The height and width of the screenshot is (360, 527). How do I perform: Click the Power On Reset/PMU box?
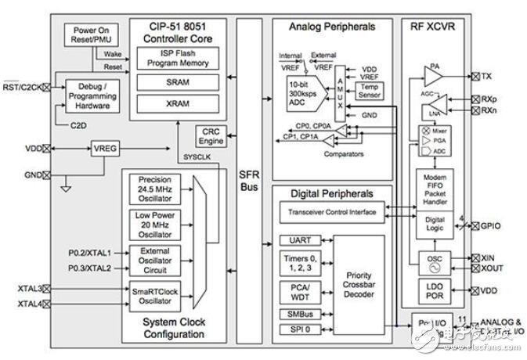[x=92, y=34]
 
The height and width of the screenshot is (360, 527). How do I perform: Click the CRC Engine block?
[x=209, y=135]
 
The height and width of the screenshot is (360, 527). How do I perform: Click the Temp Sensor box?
[x=368, y=92]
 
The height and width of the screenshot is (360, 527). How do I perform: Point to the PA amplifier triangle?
[x=433, y=77]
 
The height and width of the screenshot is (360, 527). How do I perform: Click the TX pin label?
[x=486, y=76]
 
